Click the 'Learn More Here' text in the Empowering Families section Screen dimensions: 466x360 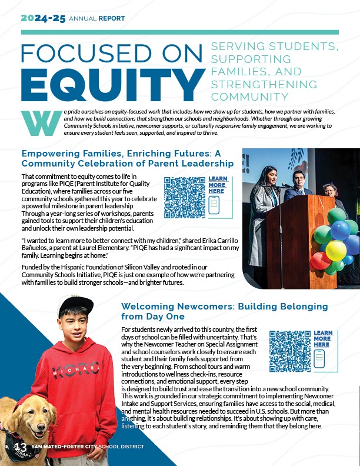[217, 185]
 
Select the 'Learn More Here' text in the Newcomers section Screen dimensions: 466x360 [322, 339]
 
